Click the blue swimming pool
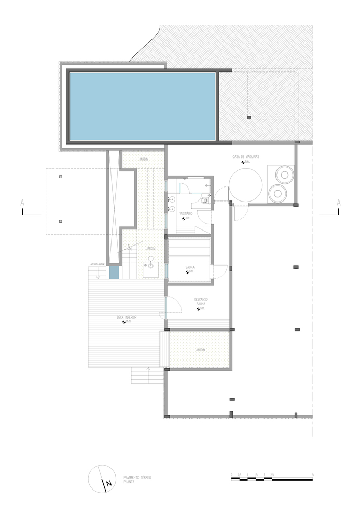143,106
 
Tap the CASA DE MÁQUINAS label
246,156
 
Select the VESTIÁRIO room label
186,213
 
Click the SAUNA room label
189,267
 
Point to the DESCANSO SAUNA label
201,301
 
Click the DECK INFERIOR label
127,317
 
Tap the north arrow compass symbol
101,479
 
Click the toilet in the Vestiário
205,200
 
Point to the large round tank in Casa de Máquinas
245,187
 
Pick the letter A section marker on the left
22,202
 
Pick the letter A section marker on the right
338,202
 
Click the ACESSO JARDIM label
98,264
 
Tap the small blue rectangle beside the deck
114,273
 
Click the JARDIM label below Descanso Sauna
200,351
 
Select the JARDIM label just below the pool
143,159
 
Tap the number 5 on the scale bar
313,474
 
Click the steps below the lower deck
147,375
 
